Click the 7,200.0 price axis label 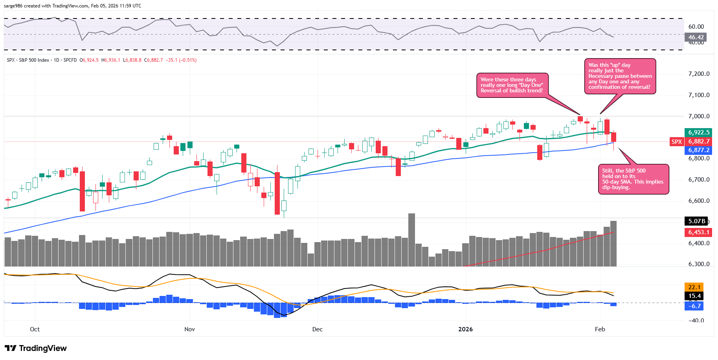(x=699, y=74)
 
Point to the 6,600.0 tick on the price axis (x=699, y=201)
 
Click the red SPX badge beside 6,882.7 (x=676, y=141)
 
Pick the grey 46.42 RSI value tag (x=696, y=37)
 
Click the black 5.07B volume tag (x=696, y=221)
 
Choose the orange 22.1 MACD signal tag (x=694, y=287)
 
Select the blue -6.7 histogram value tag (x=694, y=306)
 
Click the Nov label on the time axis (x=189, y=329)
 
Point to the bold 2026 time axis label (x=465, y=329)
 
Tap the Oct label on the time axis (x=35, y=329)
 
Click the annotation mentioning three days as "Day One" (x=512, y=85)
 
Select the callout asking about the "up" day (x=620, y=76)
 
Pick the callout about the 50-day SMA (x=633, y=179)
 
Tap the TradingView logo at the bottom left (x=36, y=348)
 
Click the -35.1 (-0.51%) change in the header (x=181, y=60)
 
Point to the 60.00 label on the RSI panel (x=696, y=27)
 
